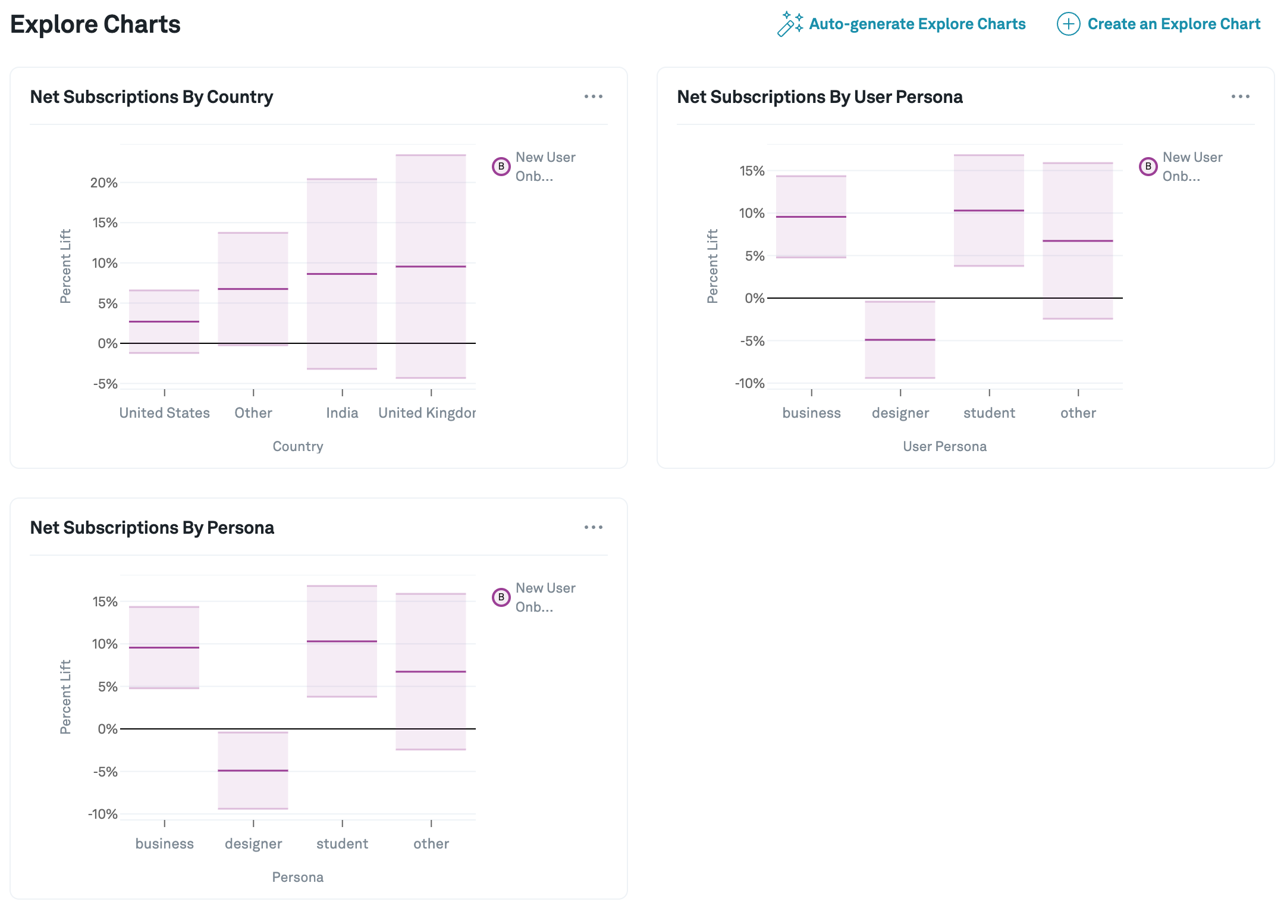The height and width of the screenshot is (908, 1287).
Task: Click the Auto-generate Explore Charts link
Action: tap(916, 24)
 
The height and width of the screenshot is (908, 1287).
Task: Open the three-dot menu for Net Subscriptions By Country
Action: tap(593, 96)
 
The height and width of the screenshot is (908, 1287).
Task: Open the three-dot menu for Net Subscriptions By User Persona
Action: tap(1240, 96)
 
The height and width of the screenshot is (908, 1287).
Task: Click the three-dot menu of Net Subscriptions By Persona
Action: tap(593, 527)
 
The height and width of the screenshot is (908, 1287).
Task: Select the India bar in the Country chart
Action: tap(342, 274)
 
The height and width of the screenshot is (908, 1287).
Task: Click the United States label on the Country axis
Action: tap(165, 413)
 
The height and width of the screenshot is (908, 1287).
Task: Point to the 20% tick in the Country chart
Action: tap(104, 183)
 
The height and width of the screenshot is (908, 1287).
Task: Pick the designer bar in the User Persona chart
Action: tap(900, 340)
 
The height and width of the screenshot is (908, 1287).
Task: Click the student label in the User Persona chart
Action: tap(989, 413)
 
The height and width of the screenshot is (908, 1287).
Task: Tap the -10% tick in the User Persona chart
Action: tap(749, 383)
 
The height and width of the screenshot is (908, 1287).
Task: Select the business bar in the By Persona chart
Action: tap(164, 647)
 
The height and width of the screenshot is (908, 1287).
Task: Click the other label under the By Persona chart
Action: tap(431, 844)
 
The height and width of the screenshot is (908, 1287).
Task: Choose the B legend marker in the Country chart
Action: tap(501, 167)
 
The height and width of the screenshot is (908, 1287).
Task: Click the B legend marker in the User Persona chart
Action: tap(1148, 167)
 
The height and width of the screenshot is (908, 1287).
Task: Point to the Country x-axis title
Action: tap(298, 446)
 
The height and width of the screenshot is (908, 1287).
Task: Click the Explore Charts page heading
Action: tap(95, 24)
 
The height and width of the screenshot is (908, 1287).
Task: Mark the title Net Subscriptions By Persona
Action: tap(152, 528)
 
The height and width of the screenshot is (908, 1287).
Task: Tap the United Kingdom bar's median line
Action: tap(431, 267)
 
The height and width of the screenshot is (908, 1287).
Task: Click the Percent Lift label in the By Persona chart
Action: tap(65, 697)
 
